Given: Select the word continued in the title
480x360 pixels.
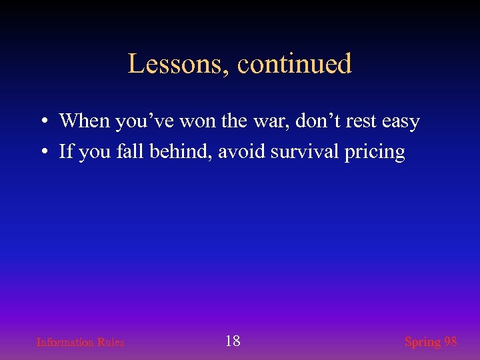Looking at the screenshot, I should [295, 64].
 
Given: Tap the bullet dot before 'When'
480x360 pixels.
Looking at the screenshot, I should [42, 122].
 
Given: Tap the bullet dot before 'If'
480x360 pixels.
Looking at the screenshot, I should [42, 153].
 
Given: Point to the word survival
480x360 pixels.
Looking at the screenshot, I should [306, 151].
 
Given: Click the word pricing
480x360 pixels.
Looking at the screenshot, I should [375, 153].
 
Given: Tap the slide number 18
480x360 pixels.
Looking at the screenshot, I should [233, 341].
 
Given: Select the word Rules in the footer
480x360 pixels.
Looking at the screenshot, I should [111, 342].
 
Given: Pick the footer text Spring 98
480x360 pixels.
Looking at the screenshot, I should [431, 342].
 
